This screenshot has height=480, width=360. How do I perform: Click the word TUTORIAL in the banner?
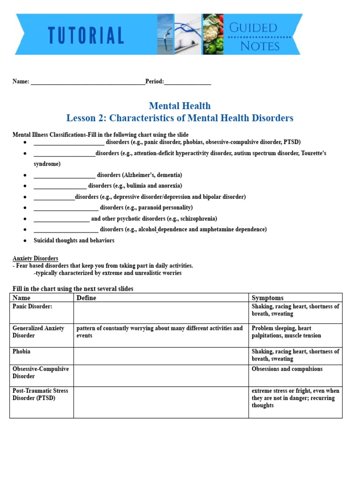(x=86, y=36)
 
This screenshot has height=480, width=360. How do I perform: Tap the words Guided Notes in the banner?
(x=260, y=37)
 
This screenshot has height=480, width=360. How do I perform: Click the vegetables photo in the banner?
(x=213, y=34)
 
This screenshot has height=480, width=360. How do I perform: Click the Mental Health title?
(x=180, y=105)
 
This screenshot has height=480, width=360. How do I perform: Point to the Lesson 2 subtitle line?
(x=180, y=118)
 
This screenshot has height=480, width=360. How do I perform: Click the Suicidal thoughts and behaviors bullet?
(x=74, y=240)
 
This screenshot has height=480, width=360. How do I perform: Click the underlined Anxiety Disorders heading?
(x=35, y=258)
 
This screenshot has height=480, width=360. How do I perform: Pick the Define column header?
(x=86, y=298)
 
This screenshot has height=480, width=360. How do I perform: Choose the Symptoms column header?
(x=267, y=298)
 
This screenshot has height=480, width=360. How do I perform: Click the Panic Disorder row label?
(x=32, y=307)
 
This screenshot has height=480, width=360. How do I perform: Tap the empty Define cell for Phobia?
(x=161, y=356)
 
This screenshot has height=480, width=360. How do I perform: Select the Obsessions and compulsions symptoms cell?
(x=287, y=369)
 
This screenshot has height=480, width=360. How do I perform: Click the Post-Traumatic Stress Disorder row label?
(x=40, y=394)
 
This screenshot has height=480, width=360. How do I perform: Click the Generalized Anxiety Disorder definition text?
(x=159, y=332)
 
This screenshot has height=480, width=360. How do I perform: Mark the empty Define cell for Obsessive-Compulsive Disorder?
(x=161, y=375)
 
